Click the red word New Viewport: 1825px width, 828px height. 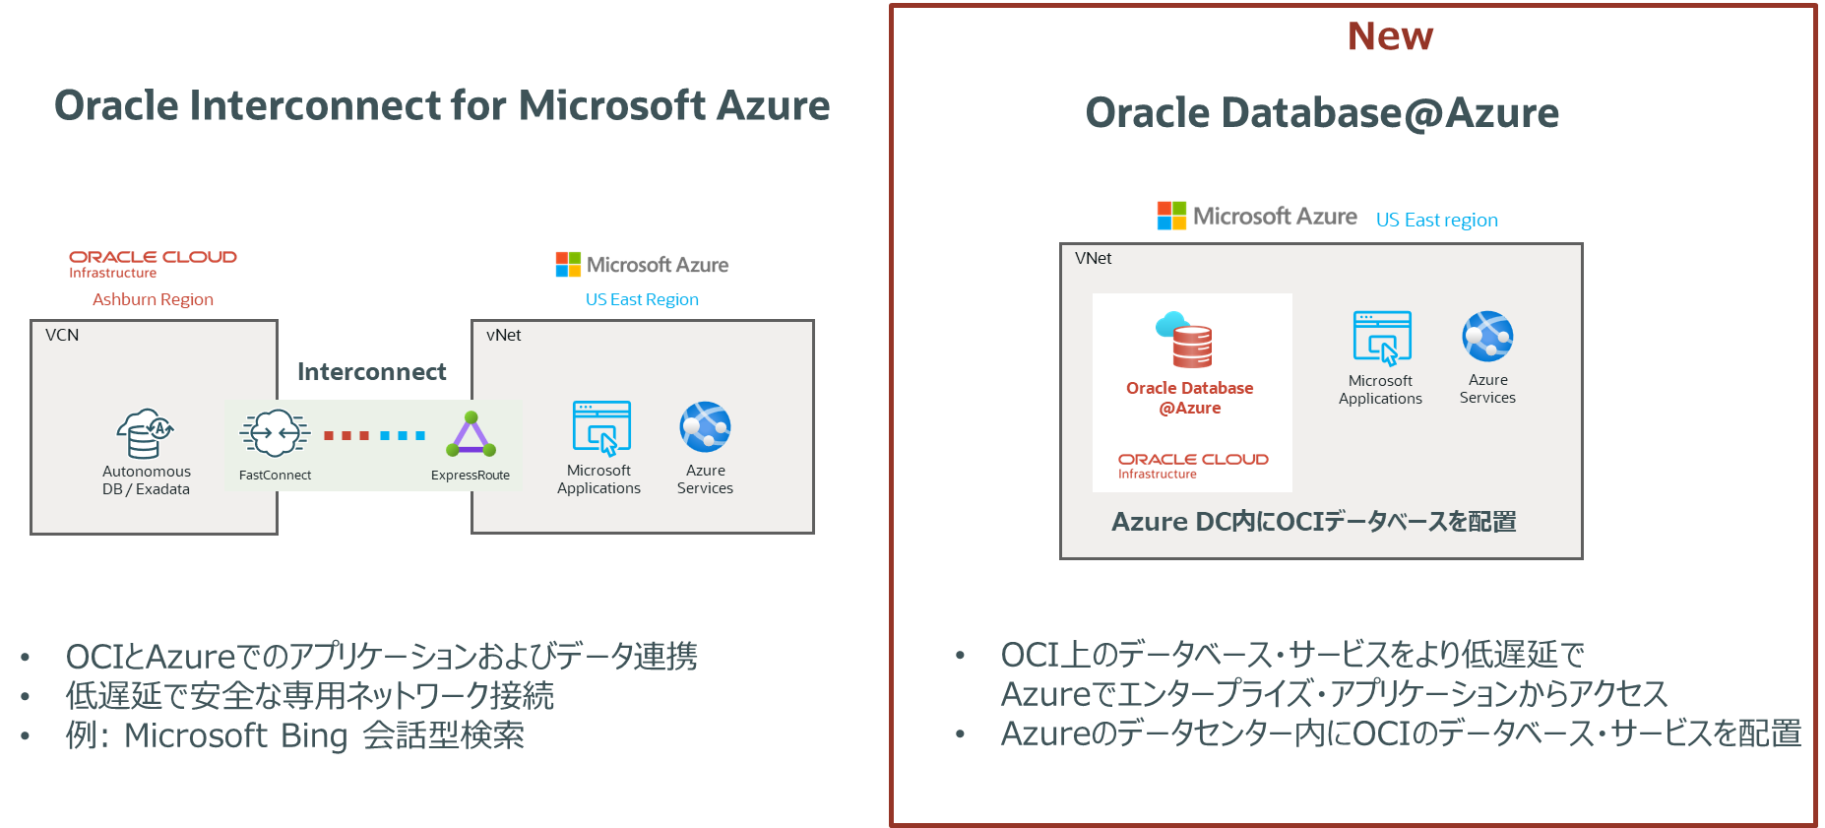point(1390,37)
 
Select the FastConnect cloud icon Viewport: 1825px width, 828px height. point(275,433)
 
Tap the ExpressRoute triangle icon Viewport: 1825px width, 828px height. point(472,435)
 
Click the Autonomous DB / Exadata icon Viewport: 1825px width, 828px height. point(146,434)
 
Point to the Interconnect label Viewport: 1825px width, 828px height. point(371,372)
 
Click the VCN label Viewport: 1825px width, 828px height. point(62,336)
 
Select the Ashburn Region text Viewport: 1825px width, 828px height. point(153,299)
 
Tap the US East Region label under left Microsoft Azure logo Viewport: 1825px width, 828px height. point(642,299)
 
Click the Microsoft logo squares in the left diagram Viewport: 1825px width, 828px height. point(568,264)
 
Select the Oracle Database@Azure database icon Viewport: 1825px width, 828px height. point(1186,341)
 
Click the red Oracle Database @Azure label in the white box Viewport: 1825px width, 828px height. point(1189,398)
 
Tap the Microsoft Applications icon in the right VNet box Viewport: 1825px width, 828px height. point(1382,338)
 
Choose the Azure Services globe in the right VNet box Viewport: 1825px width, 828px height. point(1487,337)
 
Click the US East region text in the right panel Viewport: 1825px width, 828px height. point(1436,220)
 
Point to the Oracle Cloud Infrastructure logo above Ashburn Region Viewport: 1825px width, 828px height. point(153,263)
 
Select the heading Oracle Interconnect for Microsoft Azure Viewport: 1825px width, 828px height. point(442,106)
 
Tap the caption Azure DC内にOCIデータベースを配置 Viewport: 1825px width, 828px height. point(1313,522)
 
